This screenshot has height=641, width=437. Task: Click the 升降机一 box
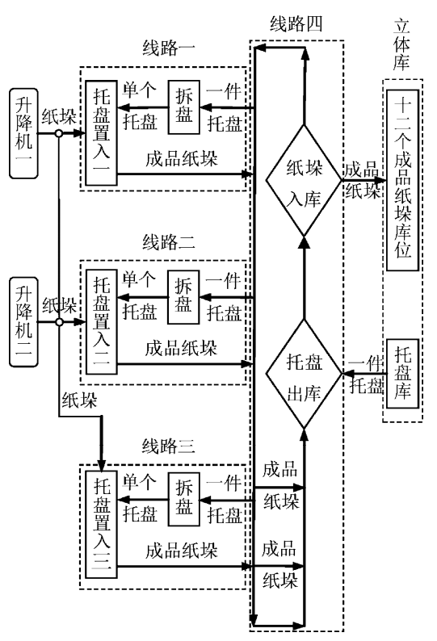(x=23, y=134)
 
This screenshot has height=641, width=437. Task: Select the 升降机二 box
(x=23, y=322)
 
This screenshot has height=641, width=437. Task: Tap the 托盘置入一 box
(x=102, y=133)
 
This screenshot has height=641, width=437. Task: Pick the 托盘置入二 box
(x=102, y=322)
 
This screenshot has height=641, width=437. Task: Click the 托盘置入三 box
(x=102, y=524)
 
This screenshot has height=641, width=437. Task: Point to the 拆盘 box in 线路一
(x=183, y=107)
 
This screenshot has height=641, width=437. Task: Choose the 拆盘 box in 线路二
(x=183, y=297)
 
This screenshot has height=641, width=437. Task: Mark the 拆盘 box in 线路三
(x=183, y=499)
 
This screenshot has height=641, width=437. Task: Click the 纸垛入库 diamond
(x=304, y=180)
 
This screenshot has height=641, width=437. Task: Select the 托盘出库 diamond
(x=304, y=374)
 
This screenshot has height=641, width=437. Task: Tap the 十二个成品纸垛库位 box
(x=402, y=180)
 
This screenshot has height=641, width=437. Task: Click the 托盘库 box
(x=402, y=374)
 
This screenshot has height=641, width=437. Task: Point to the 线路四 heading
(x=296, y=24)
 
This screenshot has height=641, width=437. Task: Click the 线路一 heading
(x=169, y=48)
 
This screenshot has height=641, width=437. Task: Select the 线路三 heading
(x=168, y=446)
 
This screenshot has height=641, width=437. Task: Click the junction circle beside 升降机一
(x=59, y=133)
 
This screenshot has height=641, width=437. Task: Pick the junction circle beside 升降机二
(x=59, y=322)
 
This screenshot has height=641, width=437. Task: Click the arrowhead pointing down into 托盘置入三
(x=102, y=465)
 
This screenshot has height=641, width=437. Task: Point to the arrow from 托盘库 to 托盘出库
(x=364, y=374)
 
